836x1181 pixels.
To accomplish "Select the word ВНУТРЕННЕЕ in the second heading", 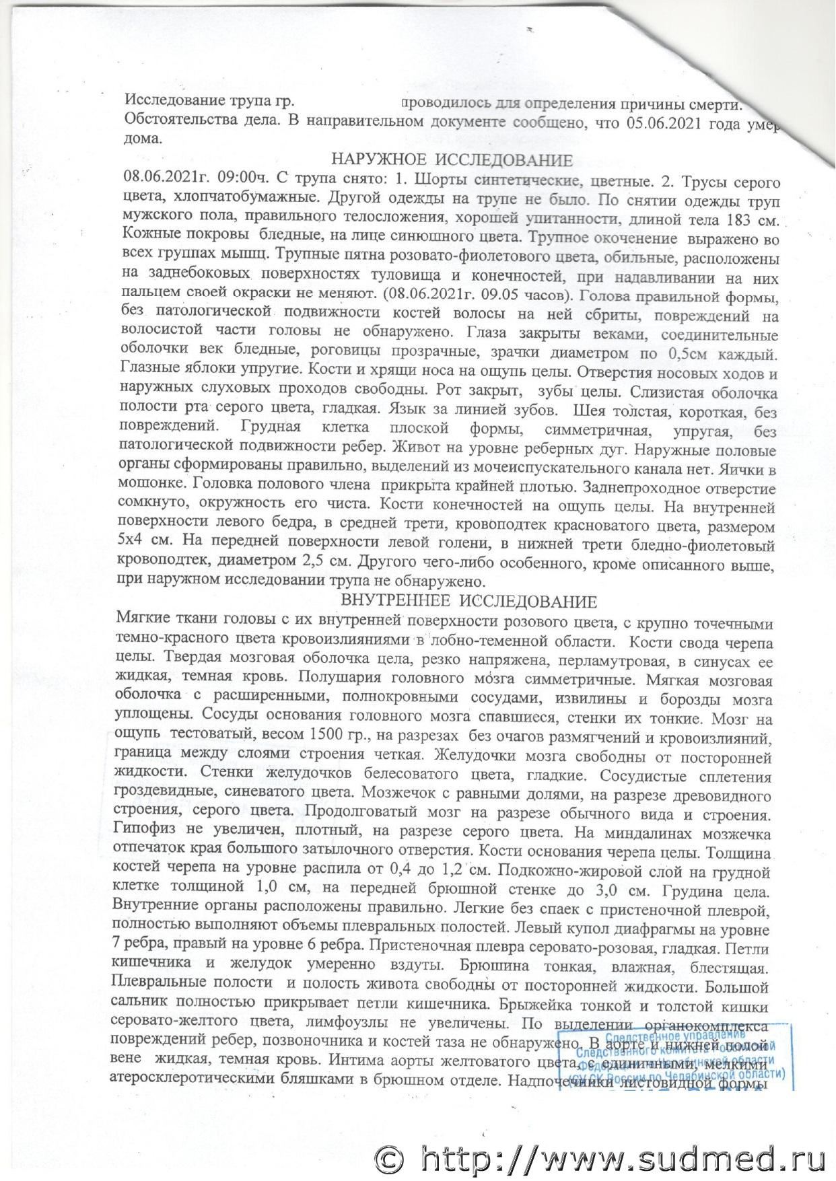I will (x=392, y=600).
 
